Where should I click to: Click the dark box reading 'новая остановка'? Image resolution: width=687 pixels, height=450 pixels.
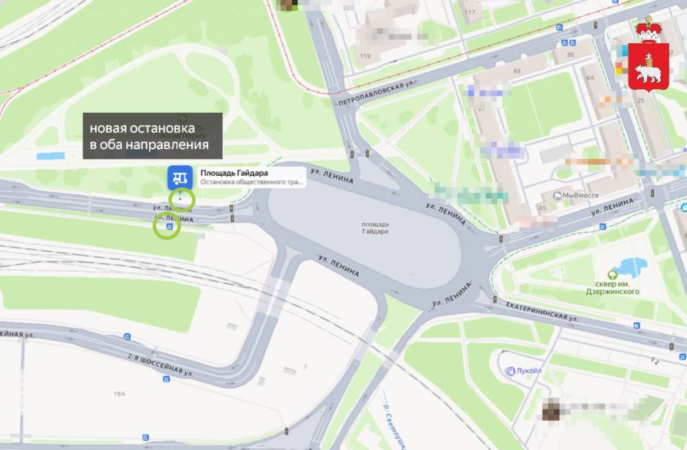(153, 136)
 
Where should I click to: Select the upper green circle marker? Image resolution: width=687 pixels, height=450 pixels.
(181, 199)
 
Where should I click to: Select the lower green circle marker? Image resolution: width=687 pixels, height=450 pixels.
(167, 225)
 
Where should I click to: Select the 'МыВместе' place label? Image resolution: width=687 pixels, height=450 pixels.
(580, 195)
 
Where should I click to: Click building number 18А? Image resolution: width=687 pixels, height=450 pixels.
(120, 394)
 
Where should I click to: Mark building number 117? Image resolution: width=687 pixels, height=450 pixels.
(471, 12)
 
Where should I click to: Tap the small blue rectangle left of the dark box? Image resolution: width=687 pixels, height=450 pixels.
(50, 156)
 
